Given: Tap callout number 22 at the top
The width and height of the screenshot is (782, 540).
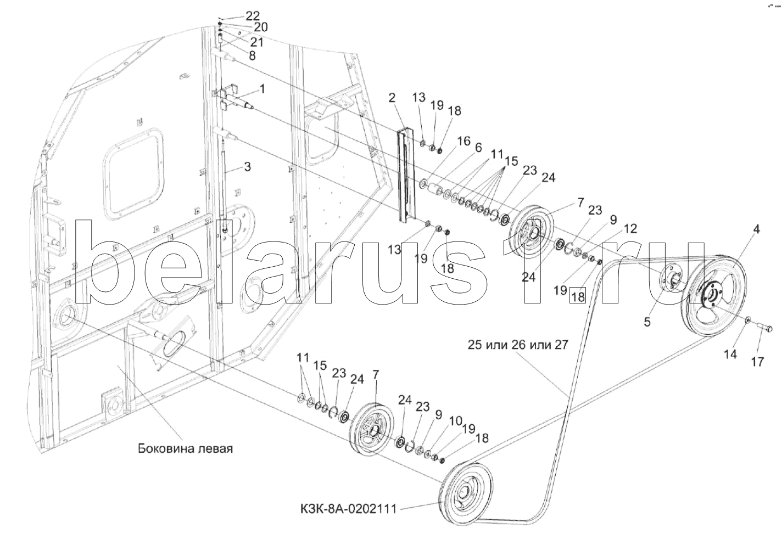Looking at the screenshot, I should [x=238, y=16].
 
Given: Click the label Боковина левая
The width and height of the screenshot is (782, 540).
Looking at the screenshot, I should [x=185, y=448].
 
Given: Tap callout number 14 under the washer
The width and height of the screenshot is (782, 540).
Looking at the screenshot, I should [x=730, y=355].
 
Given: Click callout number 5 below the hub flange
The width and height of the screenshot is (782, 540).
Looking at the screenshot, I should [x=647, y=322].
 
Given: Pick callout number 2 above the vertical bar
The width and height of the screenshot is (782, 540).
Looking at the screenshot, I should [x=392, y=98].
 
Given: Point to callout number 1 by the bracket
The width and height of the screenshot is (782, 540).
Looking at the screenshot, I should [x=262, y=88].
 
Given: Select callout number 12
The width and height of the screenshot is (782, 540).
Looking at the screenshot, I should [x=630, y=229].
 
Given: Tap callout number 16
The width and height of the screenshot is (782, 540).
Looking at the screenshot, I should [x=463, y=142].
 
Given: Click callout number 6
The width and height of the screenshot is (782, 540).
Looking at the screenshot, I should [x=478, y=148].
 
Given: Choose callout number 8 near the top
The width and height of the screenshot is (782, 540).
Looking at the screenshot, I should [x=252, y=55].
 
